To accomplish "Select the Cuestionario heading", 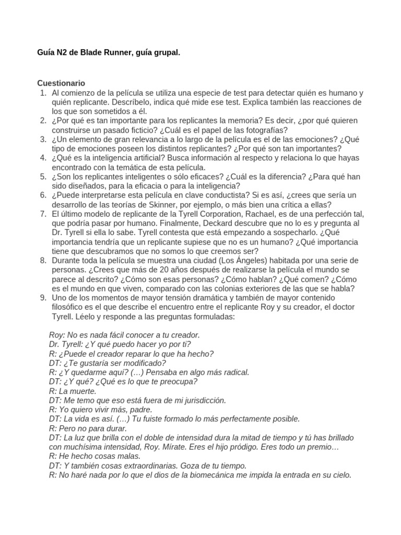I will click(x=61, y=83).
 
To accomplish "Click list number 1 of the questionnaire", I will click(x=43, y=92).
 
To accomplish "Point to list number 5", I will click(x=43, y=177).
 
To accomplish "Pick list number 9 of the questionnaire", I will click(x=43, y=298).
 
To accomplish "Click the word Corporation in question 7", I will click(x=205, y=214).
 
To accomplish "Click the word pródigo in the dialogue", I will click(x=253, y=447).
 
